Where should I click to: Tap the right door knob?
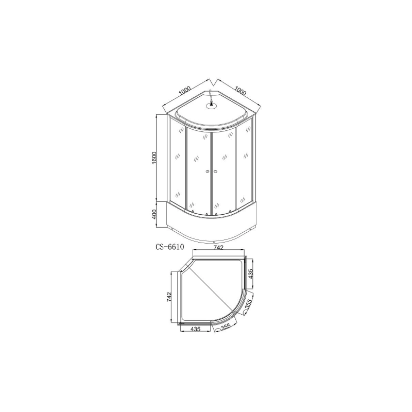coord(216,173)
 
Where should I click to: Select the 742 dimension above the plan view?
coord(218,248)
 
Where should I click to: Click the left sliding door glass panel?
coord(197,170)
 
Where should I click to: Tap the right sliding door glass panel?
coord(224,170)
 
